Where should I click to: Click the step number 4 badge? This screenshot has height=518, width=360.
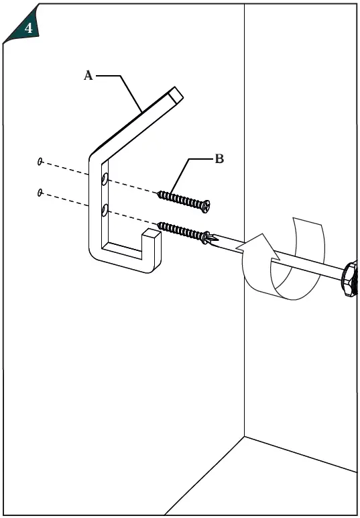click(27, 28)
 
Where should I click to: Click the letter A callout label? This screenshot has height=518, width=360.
click(88, 76)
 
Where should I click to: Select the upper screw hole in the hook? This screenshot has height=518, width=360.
click(104, 179)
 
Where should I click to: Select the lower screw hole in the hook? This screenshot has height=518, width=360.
click(105, 211)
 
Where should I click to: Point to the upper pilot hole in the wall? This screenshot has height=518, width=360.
click(40, 162)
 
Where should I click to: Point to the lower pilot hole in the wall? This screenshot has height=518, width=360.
click(40, 193)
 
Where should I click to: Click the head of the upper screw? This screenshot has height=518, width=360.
click(206, 204)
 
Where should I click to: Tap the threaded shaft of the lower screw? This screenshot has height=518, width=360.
click(180, 229)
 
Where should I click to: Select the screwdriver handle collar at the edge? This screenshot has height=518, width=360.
click(349, 276)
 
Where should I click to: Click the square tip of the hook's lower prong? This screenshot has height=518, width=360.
click(150, 236)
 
